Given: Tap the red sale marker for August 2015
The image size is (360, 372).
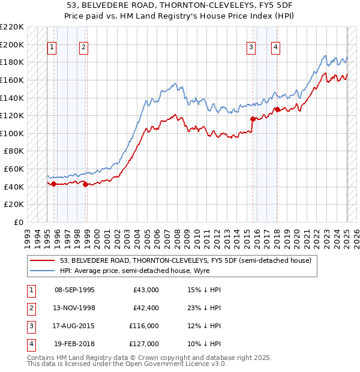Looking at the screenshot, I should coord(253,119).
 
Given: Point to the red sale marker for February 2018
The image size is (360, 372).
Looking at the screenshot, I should coord(277,109).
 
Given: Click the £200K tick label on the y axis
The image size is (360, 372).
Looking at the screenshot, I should coord(12,44).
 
